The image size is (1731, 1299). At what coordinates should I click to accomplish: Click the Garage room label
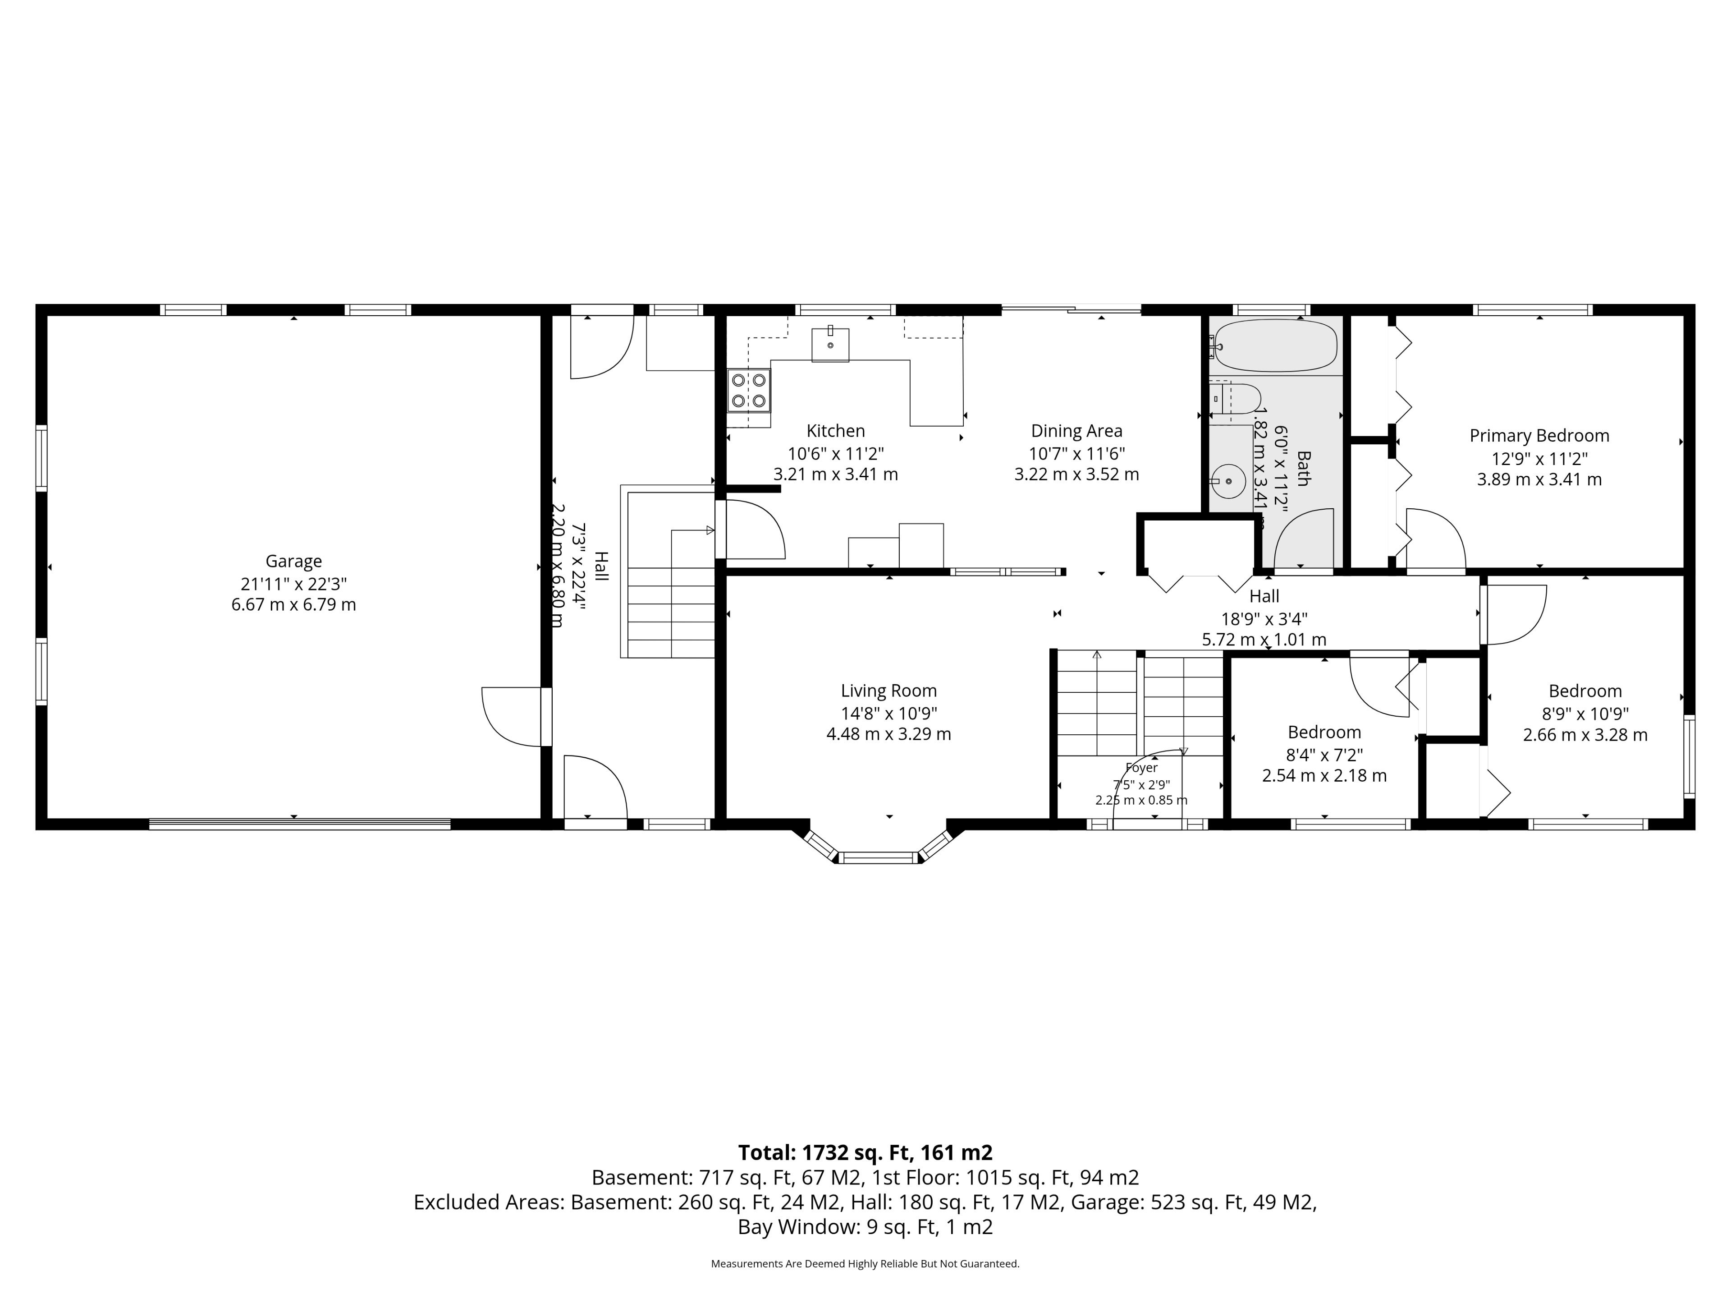[x=293, y=562]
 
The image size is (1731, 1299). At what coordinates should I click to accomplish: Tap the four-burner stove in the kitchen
[x=749, y=390]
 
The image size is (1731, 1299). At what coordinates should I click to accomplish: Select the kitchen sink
[x=830, y=344]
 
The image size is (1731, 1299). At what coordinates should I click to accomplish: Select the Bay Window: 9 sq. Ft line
[x=865, y=1227]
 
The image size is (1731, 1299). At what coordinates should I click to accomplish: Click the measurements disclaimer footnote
[x=865, y=1264]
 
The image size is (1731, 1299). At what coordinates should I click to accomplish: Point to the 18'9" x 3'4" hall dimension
[x=1264, y=618]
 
